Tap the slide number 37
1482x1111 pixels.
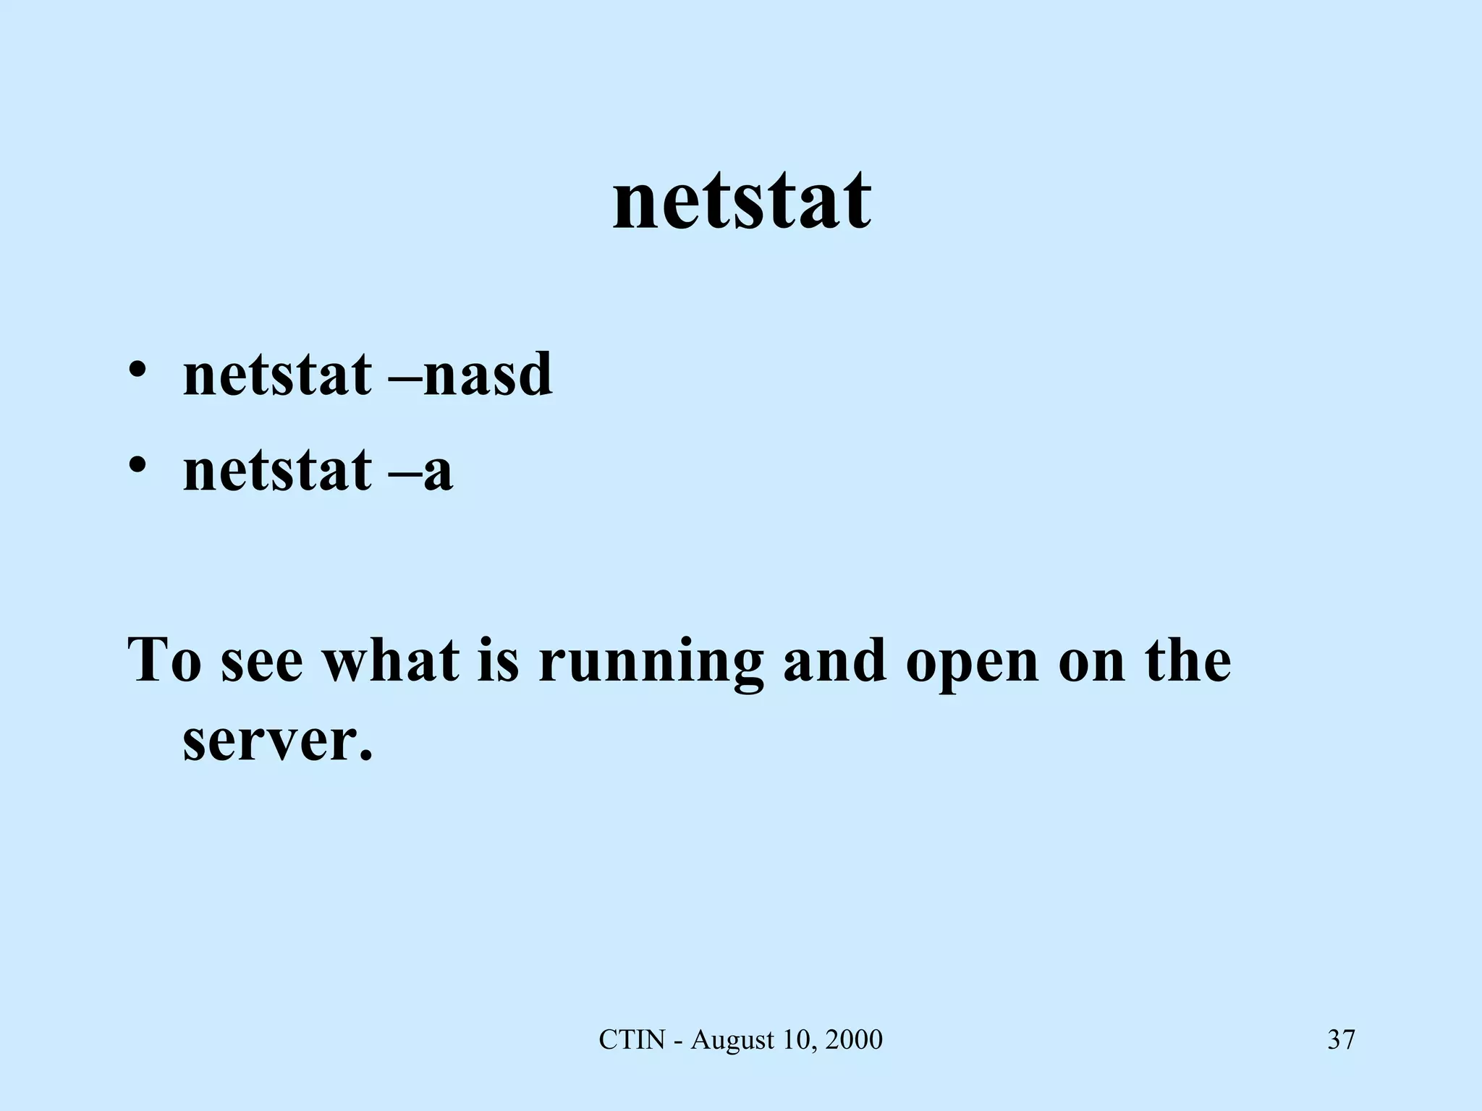click(x=1341, y=1040)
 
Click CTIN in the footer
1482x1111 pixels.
click(x=632, y=1040)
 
